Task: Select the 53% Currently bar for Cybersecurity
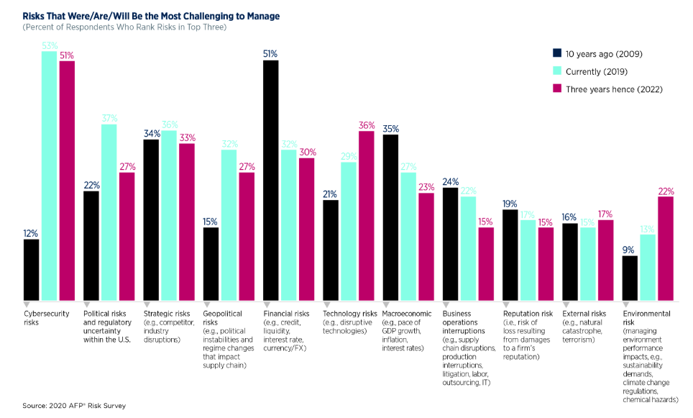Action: [50, 176]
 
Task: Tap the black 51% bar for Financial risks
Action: [271, 180]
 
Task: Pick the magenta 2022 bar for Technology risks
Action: [367, 215]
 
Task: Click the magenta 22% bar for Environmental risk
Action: [666, 248]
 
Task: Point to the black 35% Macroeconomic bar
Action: [390, 217]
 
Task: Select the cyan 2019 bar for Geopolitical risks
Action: [229, 224]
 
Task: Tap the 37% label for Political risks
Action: [109, 118]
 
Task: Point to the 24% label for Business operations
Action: [450, 182]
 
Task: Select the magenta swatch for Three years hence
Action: [557, 88]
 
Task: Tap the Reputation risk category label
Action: [527, 314]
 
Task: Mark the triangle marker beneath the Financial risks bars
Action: [267, 304]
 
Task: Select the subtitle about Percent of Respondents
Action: [124, 27]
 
